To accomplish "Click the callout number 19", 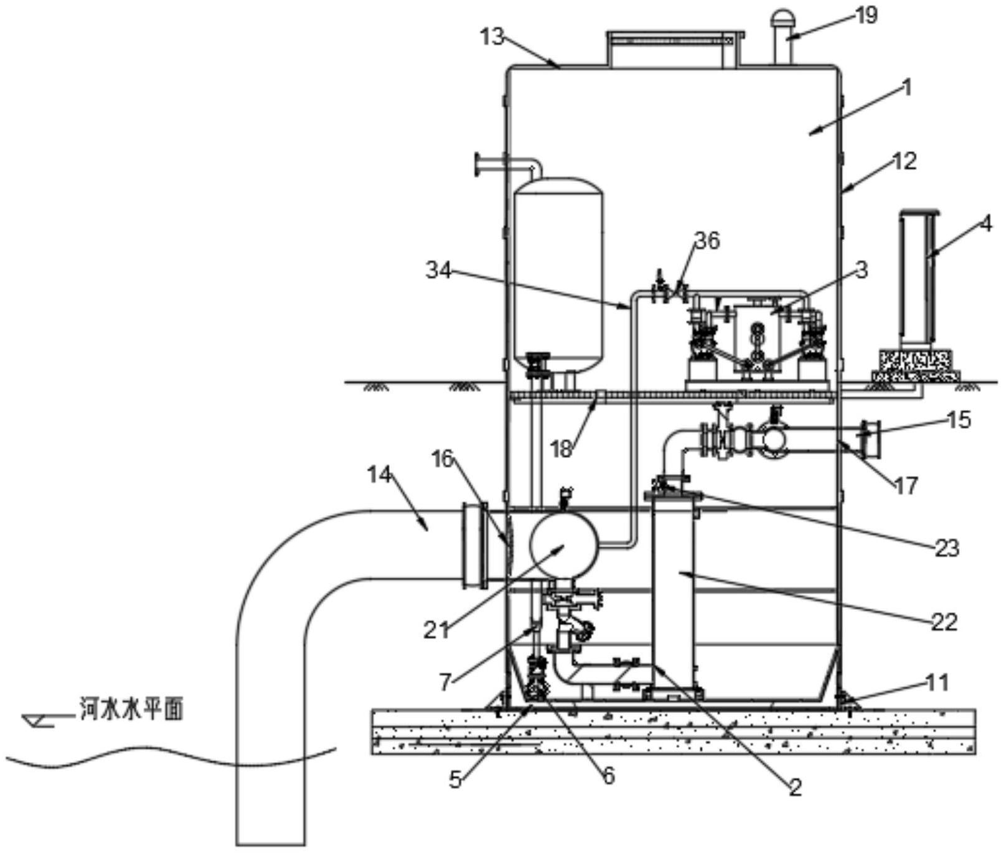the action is point(866,15).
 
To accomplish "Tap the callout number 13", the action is point(492,36).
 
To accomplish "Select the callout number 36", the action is point(707,241).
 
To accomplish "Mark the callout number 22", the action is point(944,622).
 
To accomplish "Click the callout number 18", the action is point(561,449).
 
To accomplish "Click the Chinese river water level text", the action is point(132,710).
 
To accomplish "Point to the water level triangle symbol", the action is point(36,720).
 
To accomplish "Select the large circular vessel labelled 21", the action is point(563,545).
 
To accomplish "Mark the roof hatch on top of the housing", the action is point(675,49).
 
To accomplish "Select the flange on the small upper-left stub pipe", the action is point(479,164).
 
